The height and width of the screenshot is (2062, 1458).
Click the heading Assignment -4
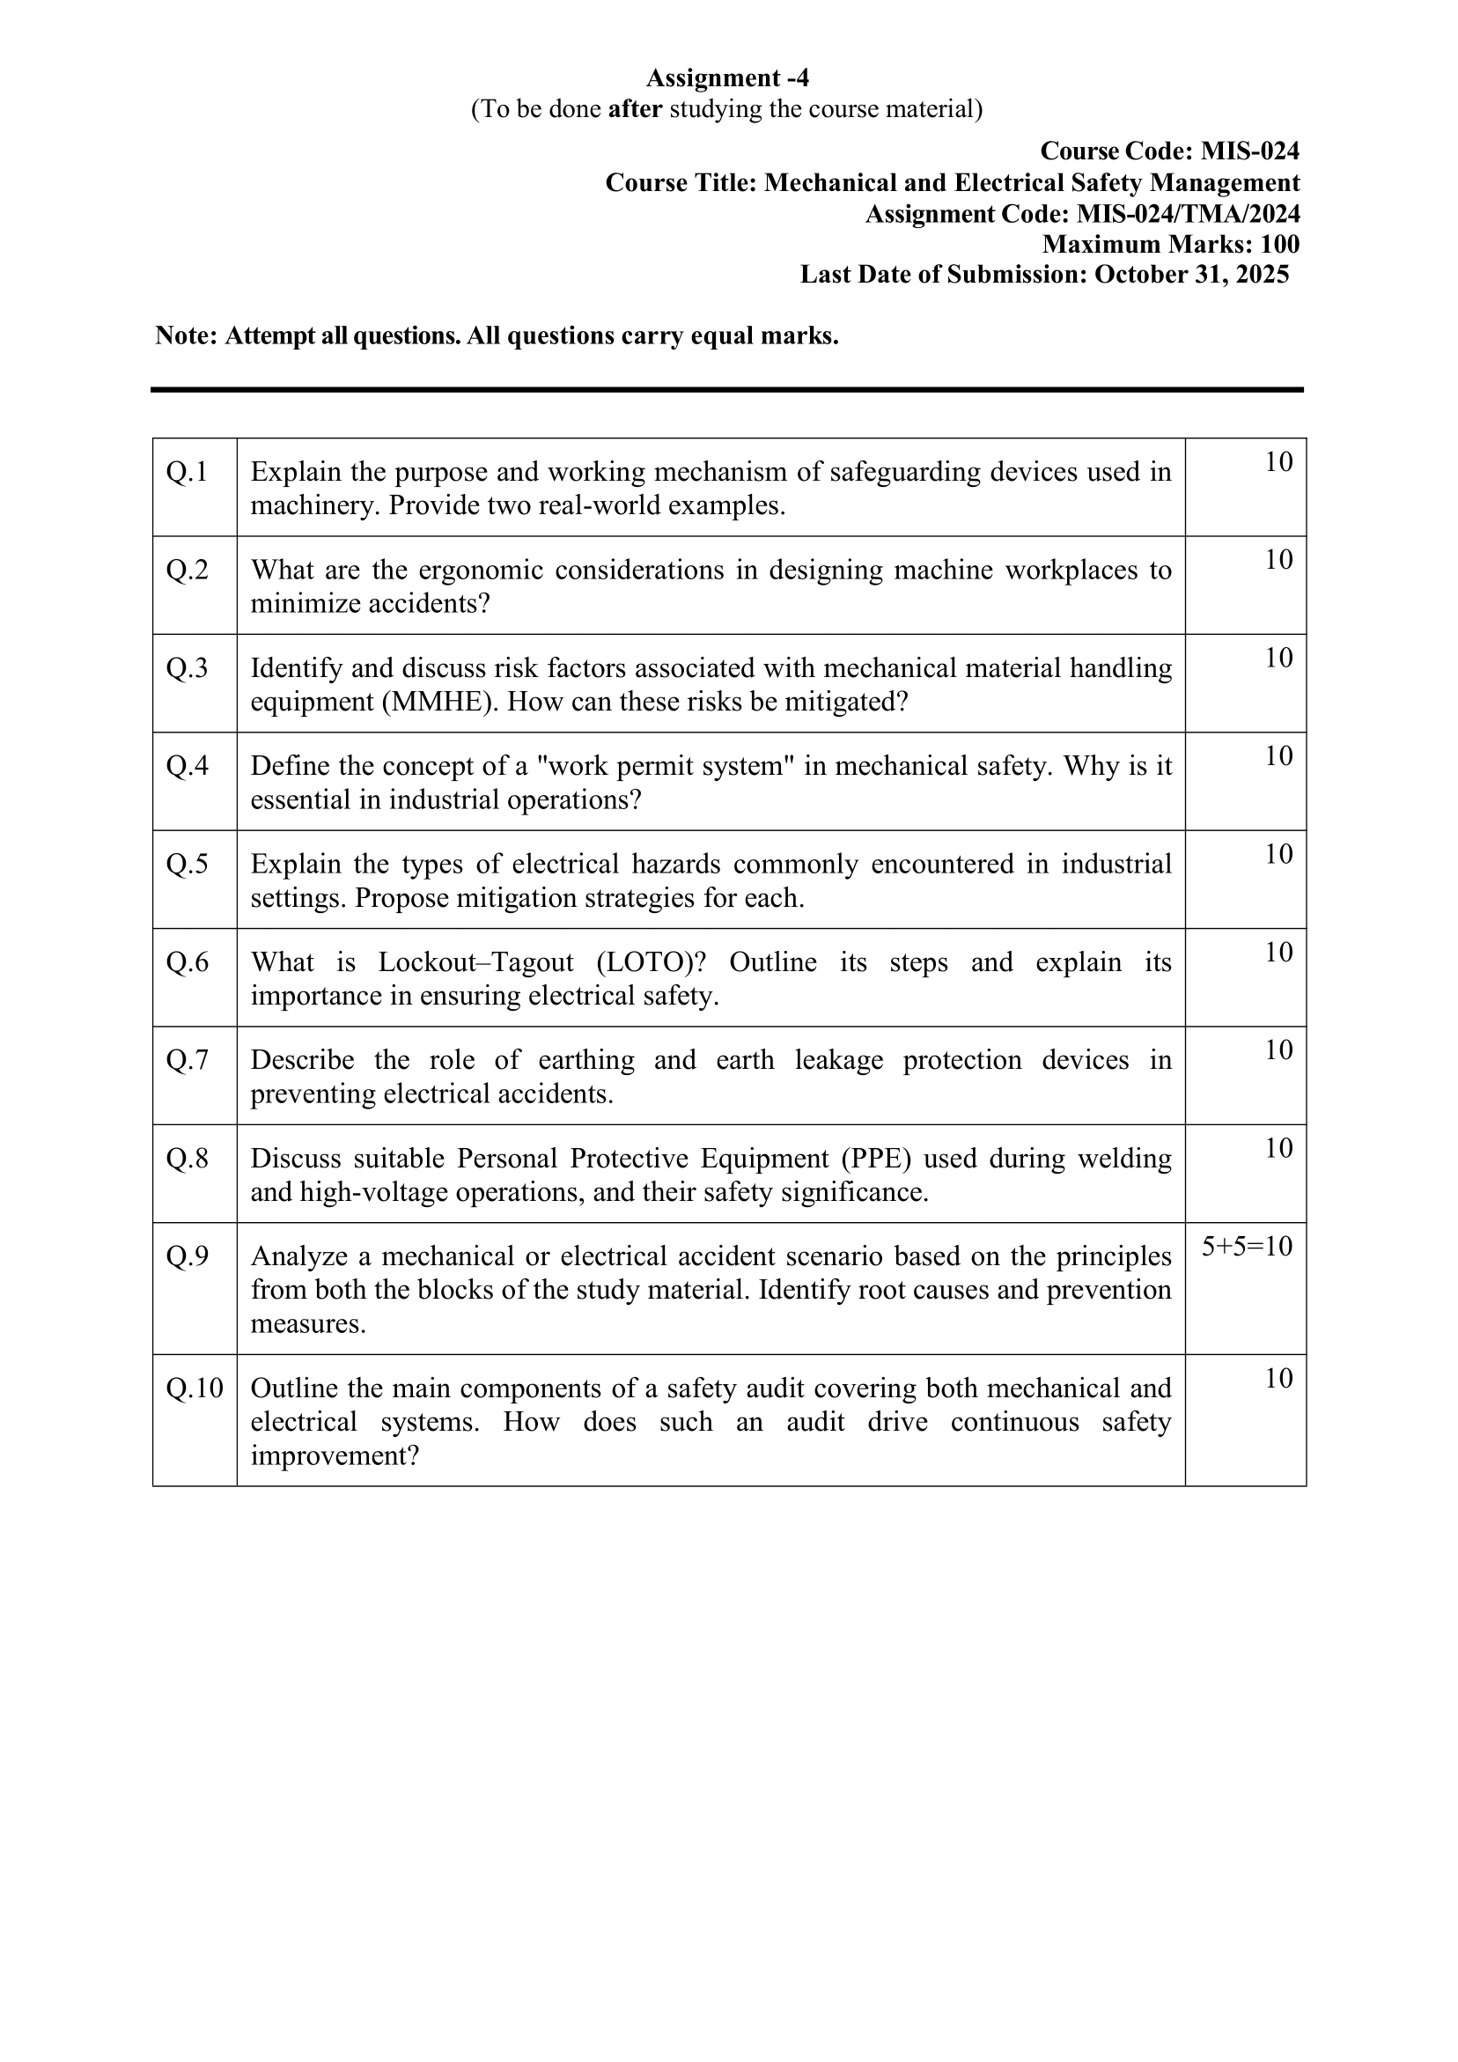[x=726, y=78]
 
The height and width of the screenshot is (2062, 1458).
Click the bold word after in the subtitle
[x=635, y=109]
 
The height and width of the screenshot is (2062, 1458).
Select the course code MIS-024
[x=1249, y=151]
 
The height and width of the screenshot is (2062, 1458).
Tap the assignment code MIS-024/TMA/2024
[x=1188, y=214]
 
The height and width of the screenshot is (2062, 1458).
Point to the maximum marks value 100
[x=1279, y=244]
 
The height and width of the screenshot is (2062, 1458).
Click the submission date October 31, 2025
[x=1191, y=275]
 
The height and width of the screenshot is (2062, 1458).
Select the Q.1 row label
[x=187, y=472]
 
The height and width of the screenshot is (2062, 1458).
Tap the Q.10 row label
[x=194, y=1388]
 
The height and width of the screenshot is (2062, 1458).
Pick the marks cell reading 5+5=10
[x=1247, y=1247]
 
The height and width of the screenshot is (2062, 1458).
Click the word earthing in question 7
[x=585, y=1061]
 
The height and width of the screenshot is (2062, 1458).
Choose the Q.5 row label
[x=187, y=864]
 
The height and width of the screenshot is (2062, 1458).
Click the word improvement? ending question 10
[x=335, y=1455]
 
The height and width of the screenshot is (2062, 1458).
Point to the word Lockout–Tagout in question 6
[x=475, y=962]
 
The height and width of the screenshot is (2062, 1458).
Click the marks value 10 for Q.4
[x=1278, y=756]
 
